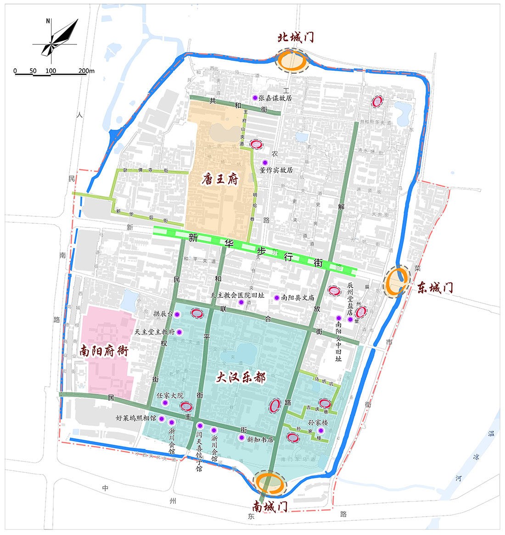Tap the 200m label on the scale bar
(x=86, y=71)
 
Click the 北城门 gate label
(x=296, y=37)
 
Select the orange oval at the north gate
(x=292, y=61)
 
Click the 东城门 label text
(x=435, y=288)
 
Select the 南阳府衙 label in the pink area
(x=104, y=352)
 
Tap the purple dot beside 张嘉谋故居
(x=255, y=98)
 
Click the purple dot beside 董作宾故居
(x=264, y=163)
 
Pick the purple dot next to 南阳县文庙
(x=276, y=298)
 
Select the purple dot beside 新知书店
(x=241, y=438)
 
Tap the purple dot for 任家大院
(x=165, y=403)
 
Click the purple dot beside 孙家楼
(x=321, y=430)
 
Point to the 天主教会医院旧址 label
(x=237, y=296)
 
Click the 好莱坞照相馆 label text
(x=136, y=419)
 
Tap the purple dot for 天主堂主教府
(x=180, y=332)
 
